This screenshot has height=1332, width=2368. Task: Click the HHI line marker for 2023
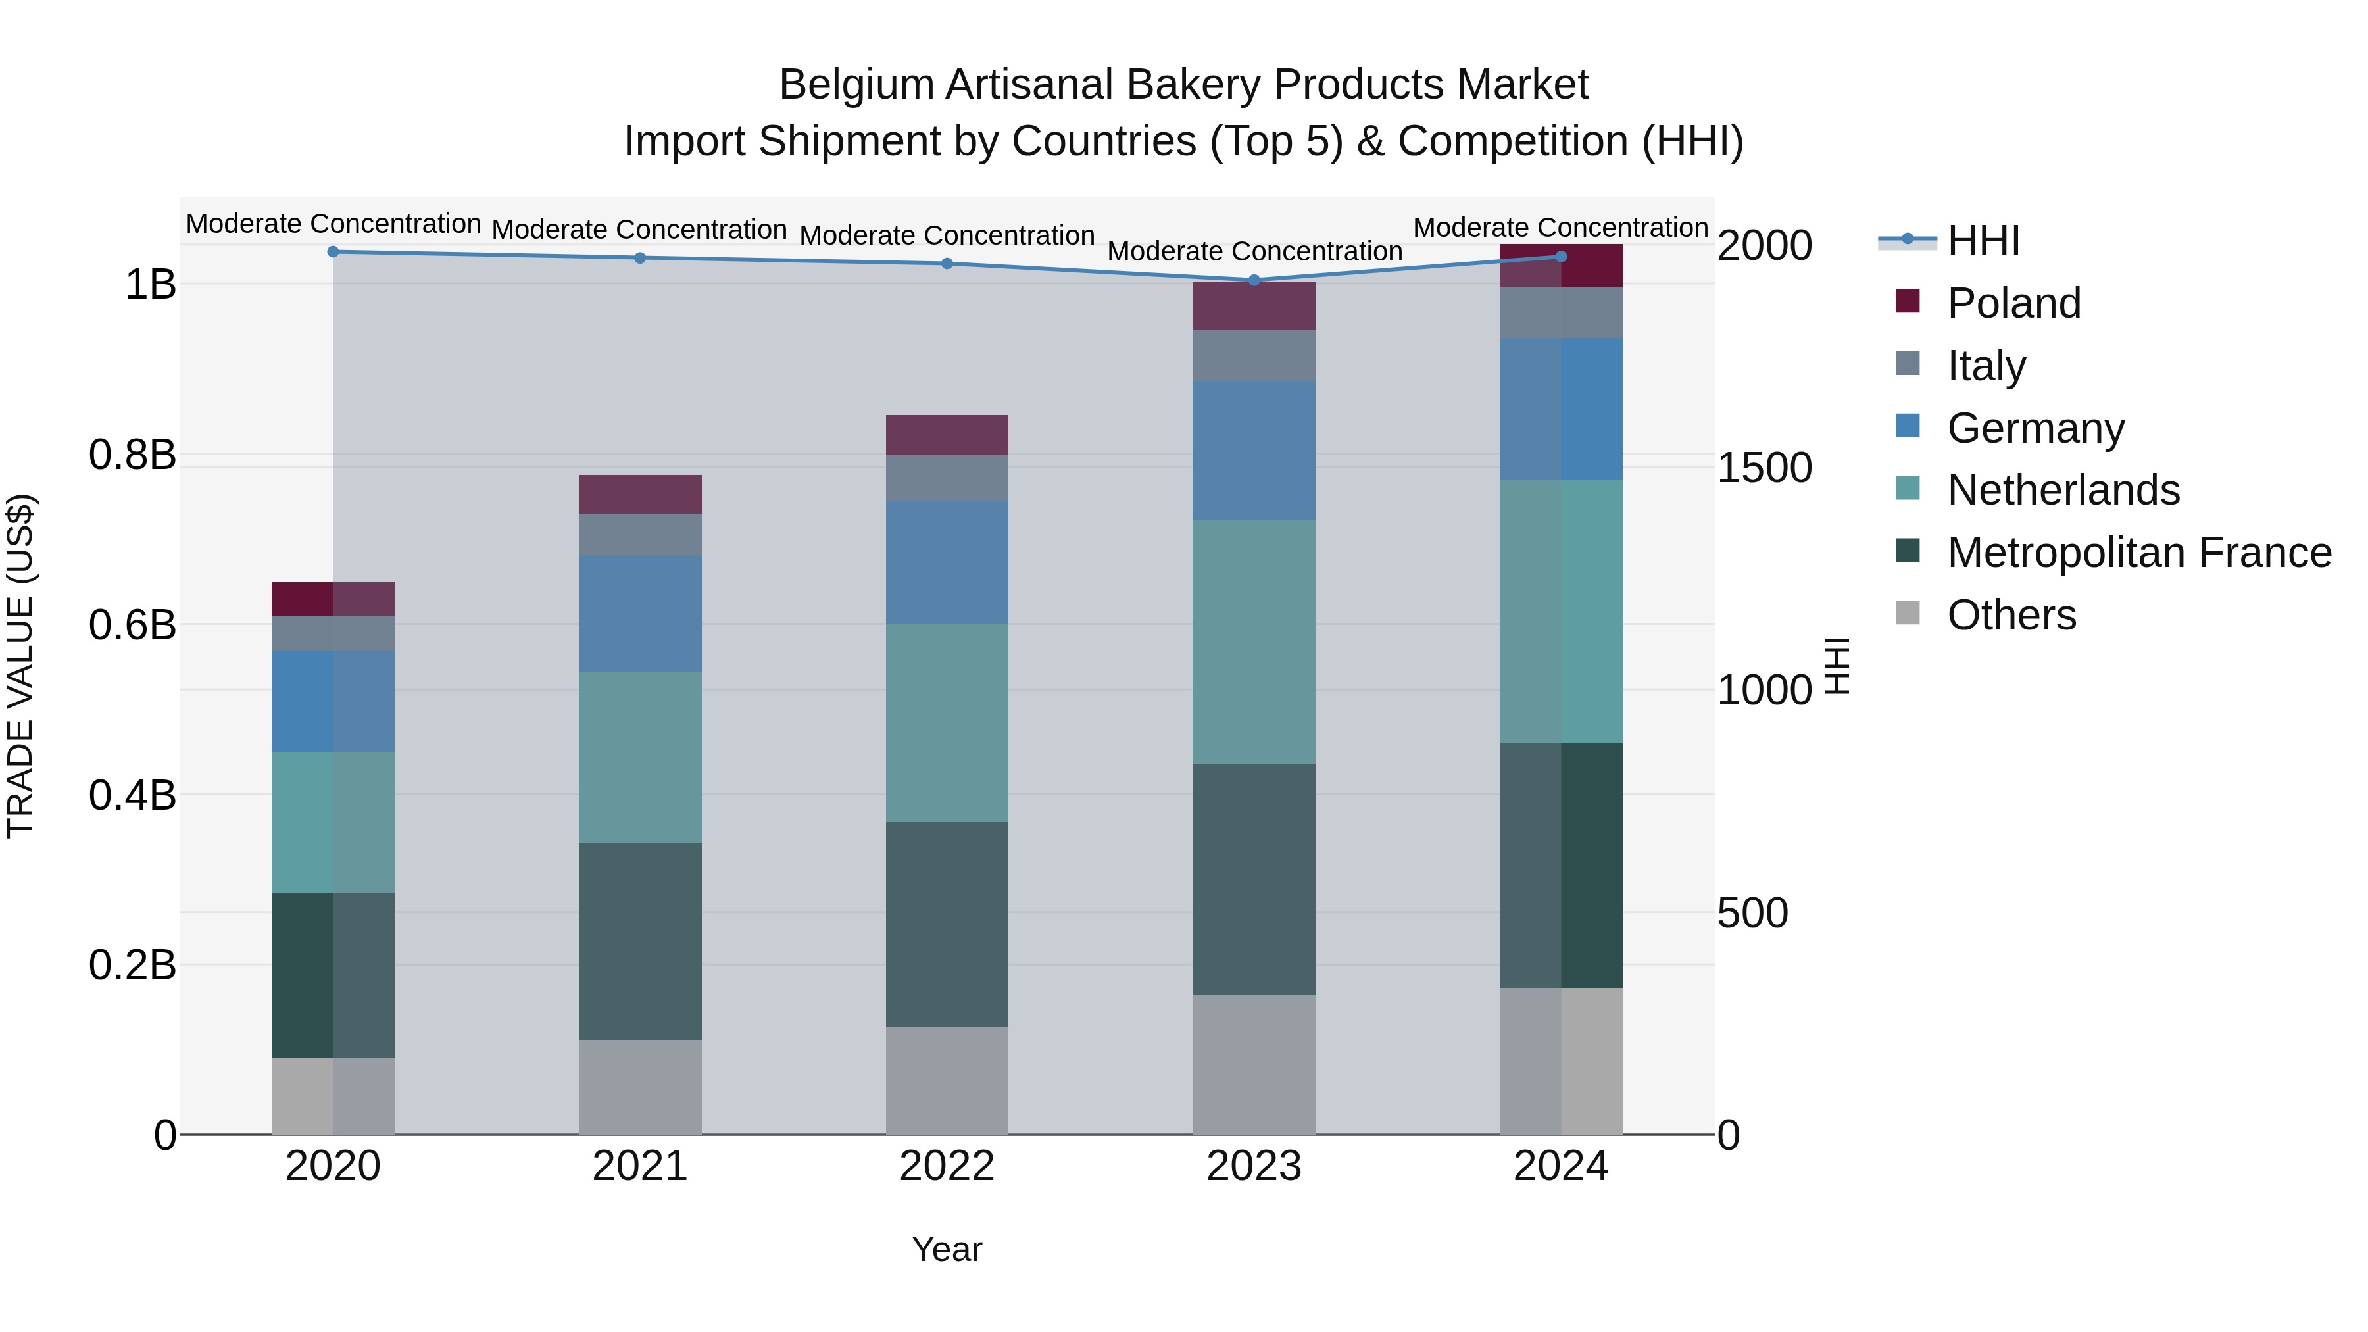(1254, 280)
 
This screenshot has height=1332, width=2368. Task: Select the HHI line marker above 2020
(333, 251)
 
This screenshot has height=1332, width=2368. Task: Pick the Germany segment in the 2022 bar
(947, 562)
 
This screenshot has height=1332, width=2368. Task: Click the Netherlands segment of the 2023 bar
(1254, 641)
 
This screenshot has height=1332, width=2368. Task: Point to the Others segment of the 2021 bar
(640, 1087)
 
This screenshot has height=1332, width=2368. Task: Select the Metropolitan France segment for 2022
(947, 924)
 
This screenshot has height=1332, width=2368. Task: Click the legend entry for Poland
(2013, 303)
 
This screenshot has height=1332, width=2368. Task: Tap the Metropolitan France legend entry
(2138, 553)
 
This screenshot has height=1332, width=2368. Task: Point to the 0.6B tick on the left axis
(132, 625)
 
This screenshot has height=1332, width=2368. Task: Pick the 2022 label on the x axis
(947, 1166)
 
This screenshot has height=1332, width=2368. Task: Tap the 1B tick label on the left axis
(150, 284)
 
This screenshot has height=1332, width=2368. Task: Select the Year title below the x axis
(947, 1249)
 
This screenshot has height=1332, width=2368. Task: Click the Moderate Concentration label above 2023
(1254, 251)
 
